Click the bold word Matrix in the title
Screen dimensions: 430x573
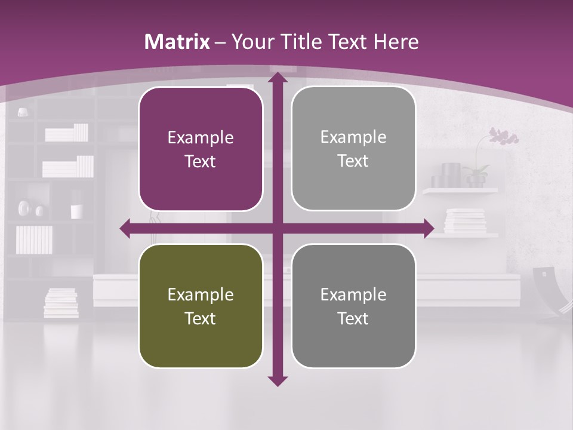click(x=177, y=42)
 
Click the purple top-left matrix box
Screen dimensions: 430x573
click(x=201, y=149)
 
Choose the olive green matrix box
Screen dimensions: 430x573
click(x=201, y=306)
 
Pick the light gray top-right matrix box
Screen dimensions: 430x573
click(x=353, y=149)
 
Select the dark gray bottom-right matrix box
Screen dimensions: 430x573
click(x=353, y=306)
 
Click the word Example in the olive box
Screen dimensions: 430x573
click(x=201, y=294)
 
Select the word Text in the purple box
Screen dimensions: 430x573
click(x=201, y=161)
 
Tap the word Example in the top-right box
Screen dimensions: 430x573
click(x=353, y=137)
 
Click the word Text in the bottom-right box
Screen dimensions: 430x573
click(x=353, y=318)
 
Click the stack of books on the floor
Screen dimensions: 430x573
click(x=61, y=303)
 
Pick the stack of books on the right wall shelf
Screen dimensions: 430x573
click(x=466, y=220)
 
